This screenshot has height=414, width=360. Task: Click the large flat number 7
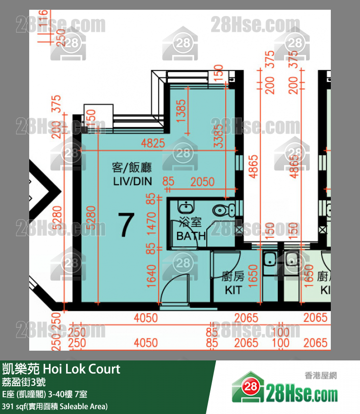(x=126, y=225)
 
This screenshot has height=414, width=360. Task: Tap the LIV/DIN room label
(x=132, y=181)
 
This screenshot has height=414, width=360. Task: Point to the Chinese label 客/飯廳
(x=132, y=168)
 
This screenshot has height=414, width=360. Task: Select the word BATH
(x=191, y=236)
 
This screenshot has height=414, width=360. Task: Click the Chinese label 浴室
(x=190, y=223)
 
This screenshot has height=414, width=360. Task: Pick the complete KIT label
(x=234, y=290)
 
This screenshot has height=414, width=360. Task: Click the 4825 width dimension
(x=153, y=144)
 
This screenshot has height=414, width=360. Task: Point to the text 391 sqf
(x=14, y=406)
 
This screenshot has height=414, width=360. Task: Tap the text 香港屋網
(x=321, y=376)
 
